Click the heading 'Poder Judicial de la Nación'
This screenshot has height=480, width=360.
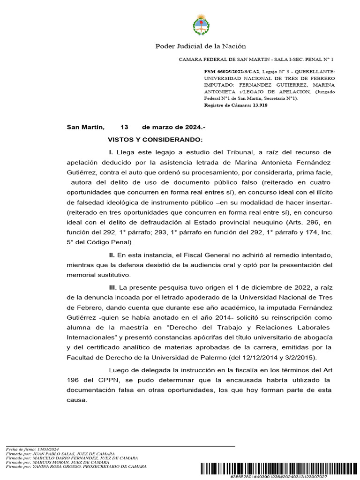click(x=200, y=46)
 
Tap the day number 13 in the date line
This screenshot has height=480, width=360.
click(x=124, y=127)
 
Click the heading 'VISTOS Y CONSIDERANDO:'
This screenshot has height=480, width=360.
click(x=155, y=140)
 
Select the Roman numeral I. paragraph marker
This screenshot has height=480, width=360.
click(x=111, y=152)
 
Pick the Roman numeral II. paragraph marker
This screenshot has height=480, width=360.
click(x=112, y=255)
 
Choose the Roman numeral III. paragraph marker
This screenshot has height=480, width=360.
click(x=112, y=286)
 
